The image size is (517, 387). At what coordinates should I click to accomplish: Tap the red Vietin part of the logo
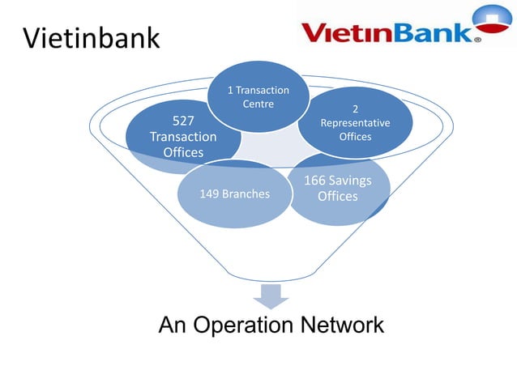point(350,32)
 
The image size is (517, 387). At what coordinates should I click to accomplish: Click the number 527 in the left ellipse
point(183,121)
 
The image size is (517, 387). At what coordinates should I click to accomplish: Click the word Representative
point(355,123)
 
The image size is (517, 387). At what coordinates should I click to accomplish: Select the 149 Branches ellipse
point(234,194)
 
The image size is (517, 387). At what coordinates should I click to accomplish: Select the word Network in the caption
point(341,326)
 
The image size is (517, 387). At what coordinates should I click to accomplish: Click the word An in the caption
point(173,326)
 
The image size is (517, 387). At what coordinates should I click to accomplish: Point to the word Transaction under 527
point(183,137)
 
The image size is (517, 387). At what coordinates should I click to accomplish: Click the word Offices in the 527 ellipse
point(183,152)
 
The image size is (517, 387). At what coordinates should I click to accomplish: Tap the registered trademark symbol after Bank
point(478,37)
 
